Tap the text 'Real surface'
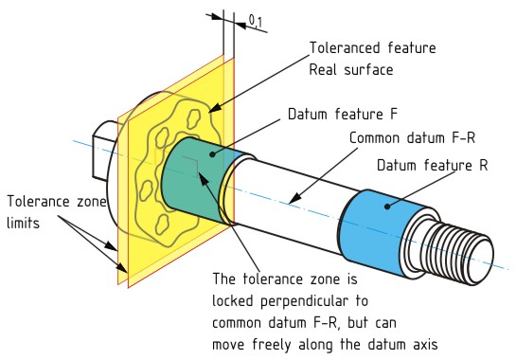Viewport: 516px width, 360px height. point(345,70)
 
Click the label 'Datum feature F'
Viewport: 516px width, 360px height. point(342,115)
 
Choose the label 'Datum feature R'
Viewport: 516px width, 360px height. point(432,165)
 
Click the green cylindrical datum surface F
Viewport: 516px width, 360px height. point(189,180)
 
